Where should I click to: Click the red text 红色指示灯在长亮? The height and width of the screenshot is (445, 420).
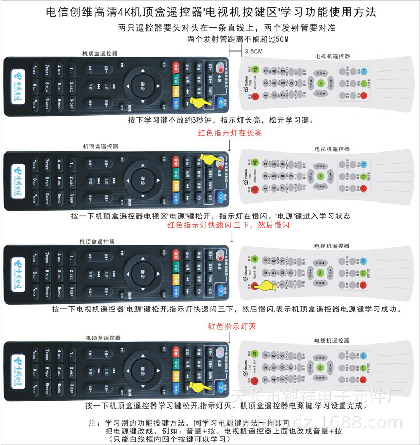pos(229,133)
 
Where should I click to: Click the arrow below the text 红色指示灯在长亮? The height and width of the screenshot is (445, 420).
pos(230,143)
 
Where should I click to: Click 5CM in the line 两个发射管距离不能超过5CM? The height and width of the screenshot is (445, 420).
pos(281,39)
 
